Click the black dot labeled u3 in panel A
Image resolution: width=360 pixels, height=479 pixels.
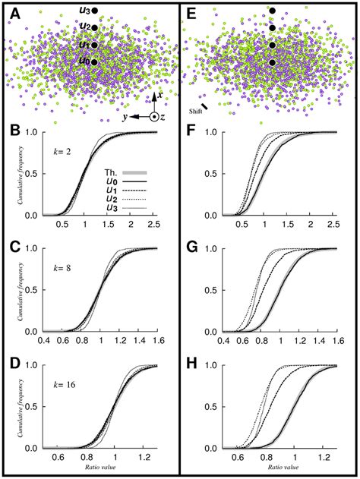94,11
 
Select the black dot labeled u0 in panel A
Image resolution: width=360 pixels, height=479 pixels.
94,61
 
